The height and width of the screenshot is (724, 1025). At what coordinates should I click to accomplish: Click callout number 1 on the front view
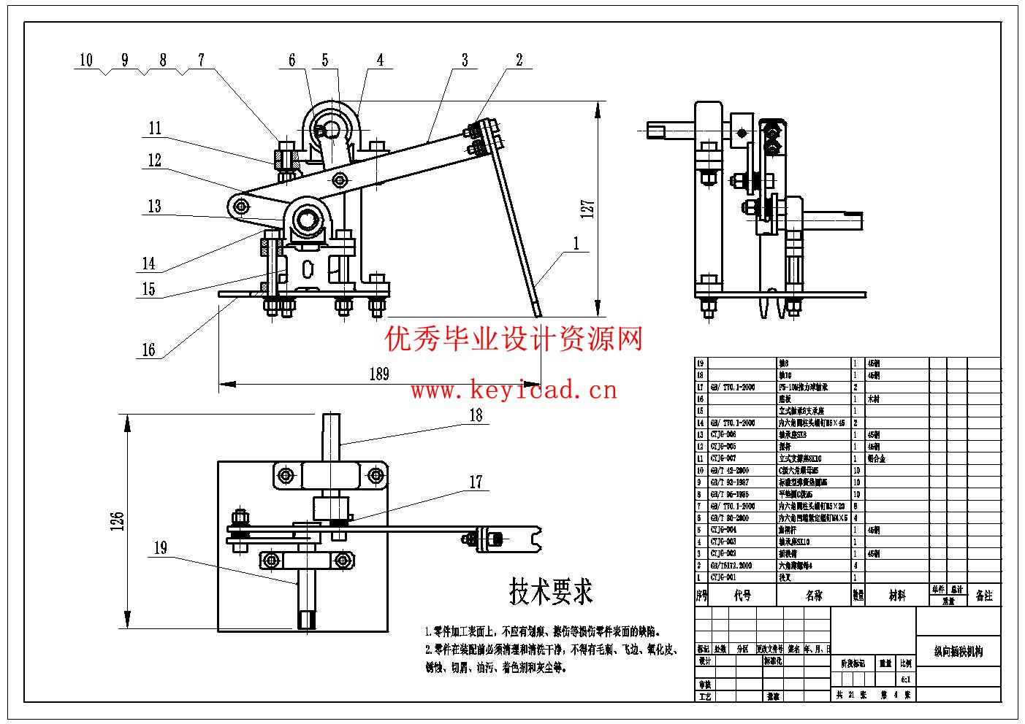pos(576,244)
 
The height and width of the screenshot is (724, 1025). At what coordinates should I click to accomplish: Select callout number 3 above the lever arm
pos(465,60)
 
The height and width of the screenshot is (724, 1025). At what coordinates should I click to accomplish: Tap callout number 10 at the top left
pos(86,60)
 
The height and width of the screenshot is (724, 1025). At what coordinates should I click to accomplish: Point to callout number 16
pos(148,350)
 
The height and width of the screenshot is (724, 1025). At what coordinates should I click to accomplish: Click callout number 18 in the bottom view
pos(476,415)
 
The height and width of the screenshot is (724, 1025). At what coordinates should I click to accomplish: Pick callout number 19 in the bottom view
pos(161,548)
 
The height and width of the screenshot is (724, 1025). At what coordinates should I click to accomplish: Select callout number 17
pos(476,482)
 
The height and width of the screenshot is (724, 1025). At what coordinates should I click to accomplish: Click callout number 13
pos(154,207)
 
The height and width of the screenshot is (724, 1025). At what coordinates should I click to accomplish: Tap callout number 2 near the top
pos(519,60)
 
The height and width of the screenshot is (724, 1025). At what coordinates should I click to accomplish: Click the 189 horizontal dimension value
pos(378,374)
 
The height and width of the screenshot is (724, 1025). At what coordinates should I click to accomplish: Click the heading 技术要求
pos(551,591)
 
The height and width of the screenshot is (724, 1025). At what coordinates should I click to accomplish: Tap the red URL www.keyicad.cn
pos(514,390)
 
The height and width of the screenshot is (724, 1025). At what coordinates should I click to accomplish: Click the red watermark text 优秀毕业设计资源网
pos(514,339)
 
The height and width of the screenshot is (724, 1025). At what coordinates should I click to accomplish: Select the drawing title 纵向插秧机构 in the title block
pos(958,651)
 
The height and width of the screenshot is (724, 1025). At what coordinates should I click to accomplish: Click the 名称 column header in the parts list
pos(814,596)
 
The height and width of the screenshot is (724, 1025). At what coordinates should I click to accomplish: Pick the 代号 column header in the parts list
pos(742,596)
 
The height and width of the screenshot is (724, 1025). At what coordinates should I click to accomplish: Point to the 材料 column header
pos(897,596)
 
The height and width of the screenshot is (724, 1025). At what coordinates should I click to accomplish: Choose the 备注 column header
pos(984,596)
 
